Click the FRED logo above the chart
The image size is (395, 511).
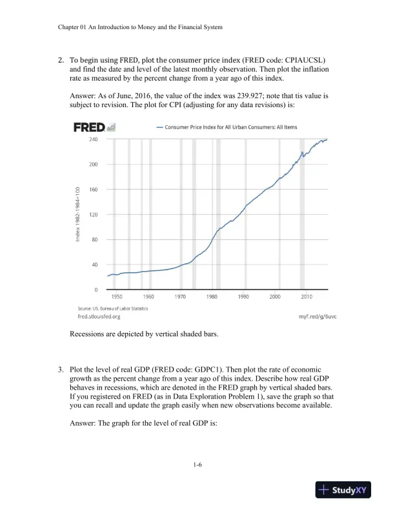click(90, 127)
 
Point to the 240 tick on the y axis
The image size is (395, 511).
click(94, 139)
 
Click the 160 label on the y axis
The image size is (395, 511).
click(94, 189)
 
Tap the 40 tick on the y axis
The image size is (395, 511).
click(95, 265)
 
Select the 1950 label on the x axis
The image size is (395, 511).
click(117, 296)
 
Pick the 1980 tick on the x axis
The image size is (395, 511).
click(212, 296)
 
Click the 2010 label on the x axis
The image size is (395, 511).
click(307, 296)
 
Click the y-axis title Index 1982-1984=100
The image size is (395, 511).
click(77, 214)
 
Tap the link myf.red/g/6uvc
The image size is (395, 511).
click(318, 317)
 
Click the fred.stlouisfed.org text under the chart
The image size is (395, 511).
click(99, 317)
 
